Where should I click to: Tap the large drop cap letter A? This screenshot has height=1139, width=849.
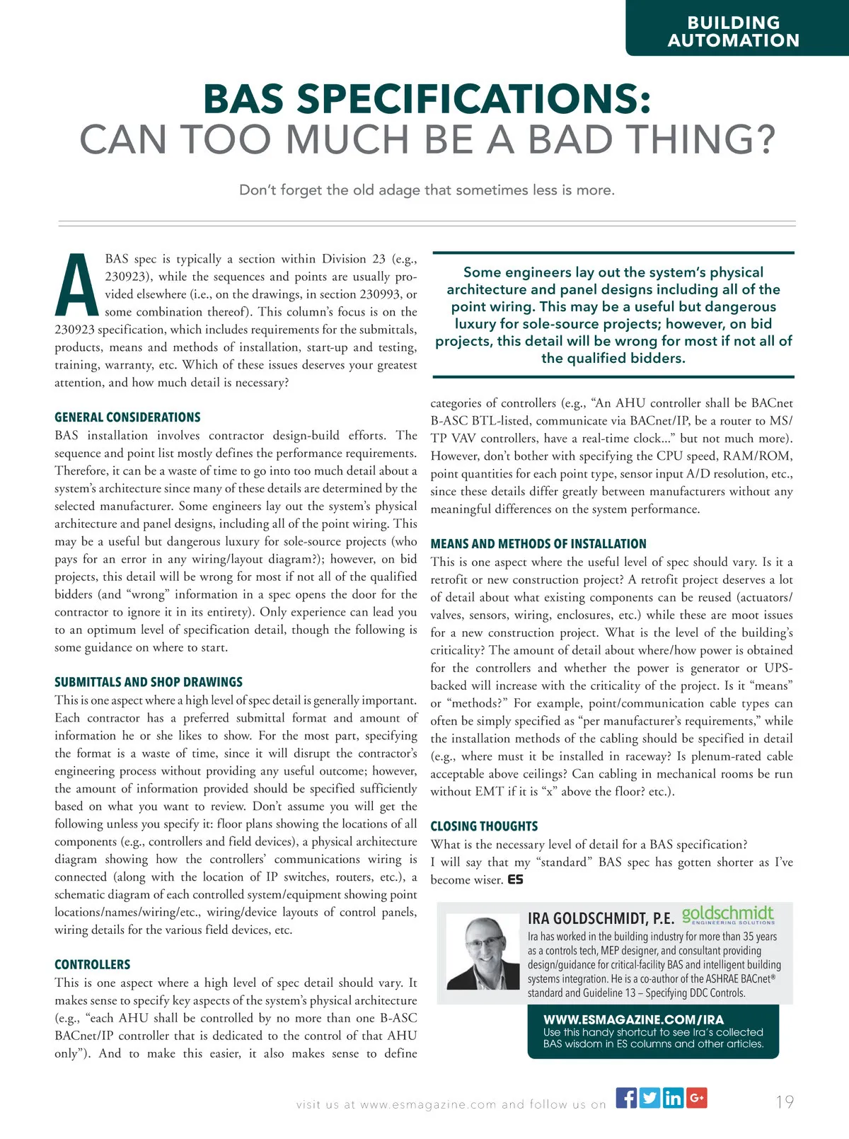[x=76, y=286]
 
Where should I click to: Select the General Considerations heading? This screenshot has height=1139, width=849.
[x=127, y=417]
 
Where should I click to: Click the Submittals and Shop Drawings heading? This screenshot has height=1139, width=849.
[x=149, y=682]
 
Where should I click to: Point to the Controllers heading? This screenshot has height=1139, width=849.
[x=93, y=964]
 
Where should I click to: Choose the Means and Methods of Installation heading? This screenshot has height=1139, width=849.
[x=538, y=544]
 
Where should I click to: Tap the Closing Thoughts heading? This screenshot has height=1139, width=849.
[x=484, y=826]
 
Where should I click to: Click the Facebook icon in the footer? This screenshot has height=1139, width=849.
[x=626, y=1098]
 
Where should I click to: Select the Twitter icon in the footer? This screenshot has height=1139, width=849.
[x=649, y=1098]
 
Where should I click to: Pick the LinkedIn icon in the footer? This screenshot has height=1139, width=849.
[x=673, y=1098]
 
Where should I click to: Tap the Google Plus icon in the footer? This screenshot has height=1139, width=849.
[x=696, y=1098]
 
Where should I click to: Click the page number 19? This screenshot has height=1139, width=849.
[x=784, y=1102]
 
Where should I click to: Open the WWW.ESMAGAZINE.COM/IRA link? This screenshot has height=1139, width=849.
[x=633, y=1019]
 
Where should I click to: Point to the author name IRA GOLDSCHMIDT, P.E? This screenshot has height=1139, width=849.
[x=601, y=918]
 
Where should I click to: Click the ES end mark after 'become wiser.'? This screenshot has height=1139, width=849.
[x=515, y=880]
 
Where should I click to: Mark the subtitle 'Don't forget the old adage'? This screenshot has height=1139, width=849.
[x=427, y=190]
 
